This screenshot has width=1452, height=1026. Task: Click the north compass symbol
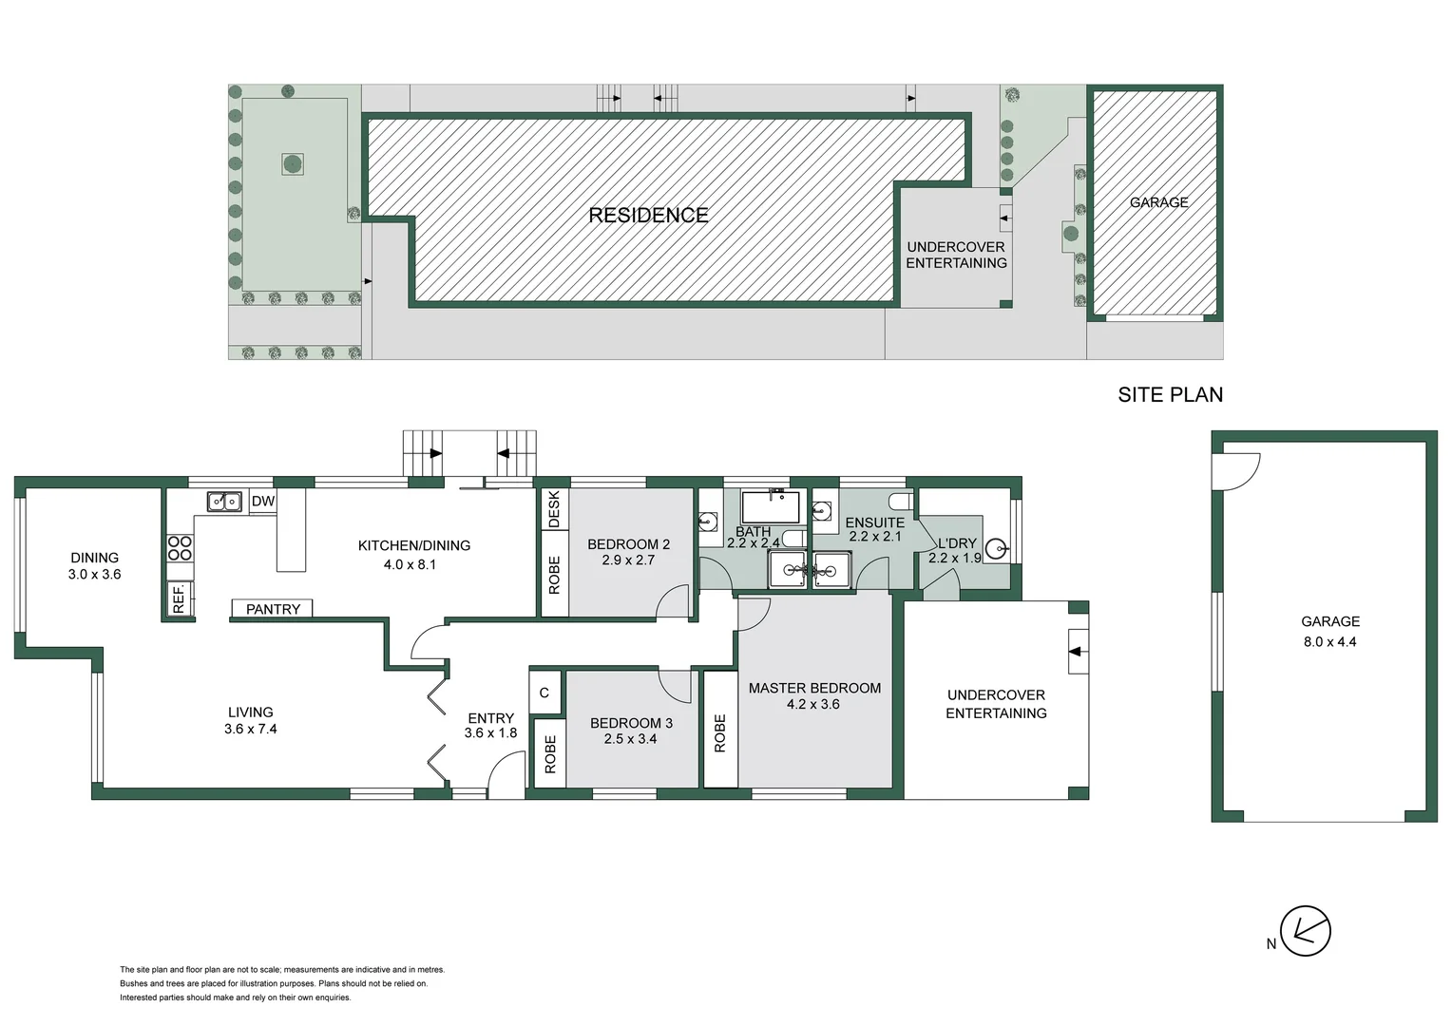pyautogui.click(x=1305, y=931)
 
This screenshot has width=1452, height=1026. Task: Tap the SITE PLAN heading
pyautogui.click(x=1170, y=395)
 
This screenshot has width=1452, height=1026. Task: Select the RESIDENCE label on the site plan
pyautogui.click(x=648, y=216)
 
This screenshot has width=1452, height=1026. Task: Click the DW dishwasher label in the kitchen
pyautogui.click(x=263, y=502)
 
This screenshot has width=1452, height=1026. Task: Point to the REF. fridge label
pyautogui.click(x=178, y=598)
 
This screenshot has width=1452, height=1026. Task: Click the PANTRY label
pyautogui.click(x=273, y=610)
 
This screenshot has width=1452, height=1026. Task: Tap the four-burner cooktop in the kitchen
pyautogui.click(x=180, y=548)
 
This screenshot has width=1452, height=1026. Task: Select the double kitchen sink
pyautogui.click(x=224, y=501)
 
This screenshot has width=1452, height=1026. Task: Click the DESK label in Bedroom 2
pyautogui.click(x=554, y=509)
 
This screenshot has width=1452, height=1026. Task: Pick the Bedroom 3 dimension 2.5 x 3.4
pyautogui.click(x=630, y=739)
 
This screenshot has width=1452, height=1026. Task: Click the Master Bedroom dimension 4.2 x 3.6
pyautogui.click(x=813, y=705)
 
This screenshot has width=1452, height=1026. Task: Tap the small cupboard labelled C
pyautogui.click(x=544, y=693)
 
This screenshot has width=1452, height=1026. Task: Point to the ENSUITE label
pyautogui.click(x=874, y=522)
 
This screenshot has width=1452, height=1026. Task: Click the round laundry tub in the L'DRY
pyautogui.click(x=995, y=548)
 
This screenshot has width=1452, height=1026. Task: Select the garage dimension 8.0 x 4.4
pyautogui.click(x=1329, y=642)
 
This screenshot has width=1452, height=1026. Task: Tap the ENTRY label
pyautogui.click(x=490, y=718)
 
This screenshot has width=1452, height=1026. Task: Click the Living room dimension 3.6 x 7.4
pyautogui.click(x=250, y=730)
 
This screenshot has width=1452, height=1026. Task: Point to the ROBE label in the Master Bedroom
pyautogui.click(x=720, y=732)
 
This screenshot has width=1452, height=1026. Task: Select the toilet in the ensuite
pyautogui.click(x=899, y=501)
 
